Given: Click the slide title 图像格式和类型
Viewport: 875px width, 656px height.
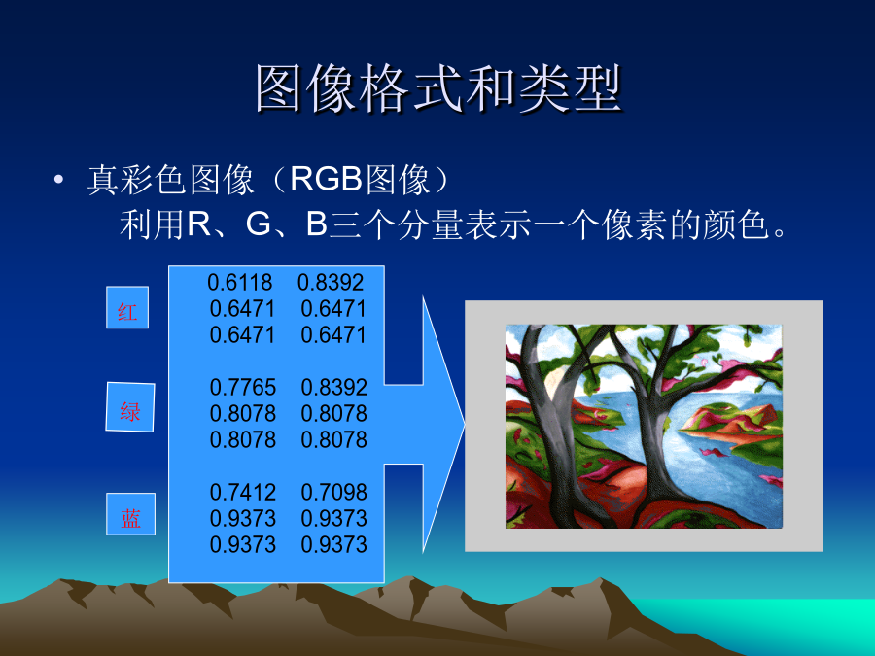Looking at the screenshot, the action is point(439,88).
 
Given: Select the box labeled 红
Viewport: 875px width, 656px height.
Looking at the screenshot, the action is point(127,307).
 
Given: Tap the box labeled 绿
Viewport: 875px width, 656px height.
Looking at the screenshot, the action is point(130,407).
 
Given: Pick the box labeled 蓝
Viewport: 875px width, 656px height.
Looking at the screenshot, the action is point(130,514).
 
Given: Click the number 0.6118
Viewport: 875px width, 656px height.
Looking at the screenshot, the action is point(240,282).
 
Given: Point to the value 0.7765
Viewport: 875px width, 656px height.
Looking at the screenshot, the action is point(243,387).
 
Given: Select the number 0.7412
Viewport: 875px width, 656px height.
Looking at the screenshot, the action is point(243,492).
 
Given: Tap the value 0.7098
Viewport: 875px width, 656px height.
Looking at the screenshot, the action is point(333,492).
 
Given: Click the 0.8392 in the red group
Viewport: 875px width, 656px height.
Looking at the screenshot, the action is point(331,282).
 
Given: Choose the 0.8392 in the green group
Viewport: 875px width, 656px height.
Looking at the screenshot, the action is point(333,387).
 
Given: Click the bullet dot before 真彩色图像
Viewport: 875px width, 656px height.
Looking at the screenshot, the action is point(58,180).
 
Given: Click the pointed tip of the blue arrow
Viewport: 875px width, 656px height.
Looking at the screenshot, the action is point(465,425).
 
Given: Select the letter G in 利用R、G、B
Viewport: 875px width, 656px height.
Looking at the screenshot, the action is point(259,224).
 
